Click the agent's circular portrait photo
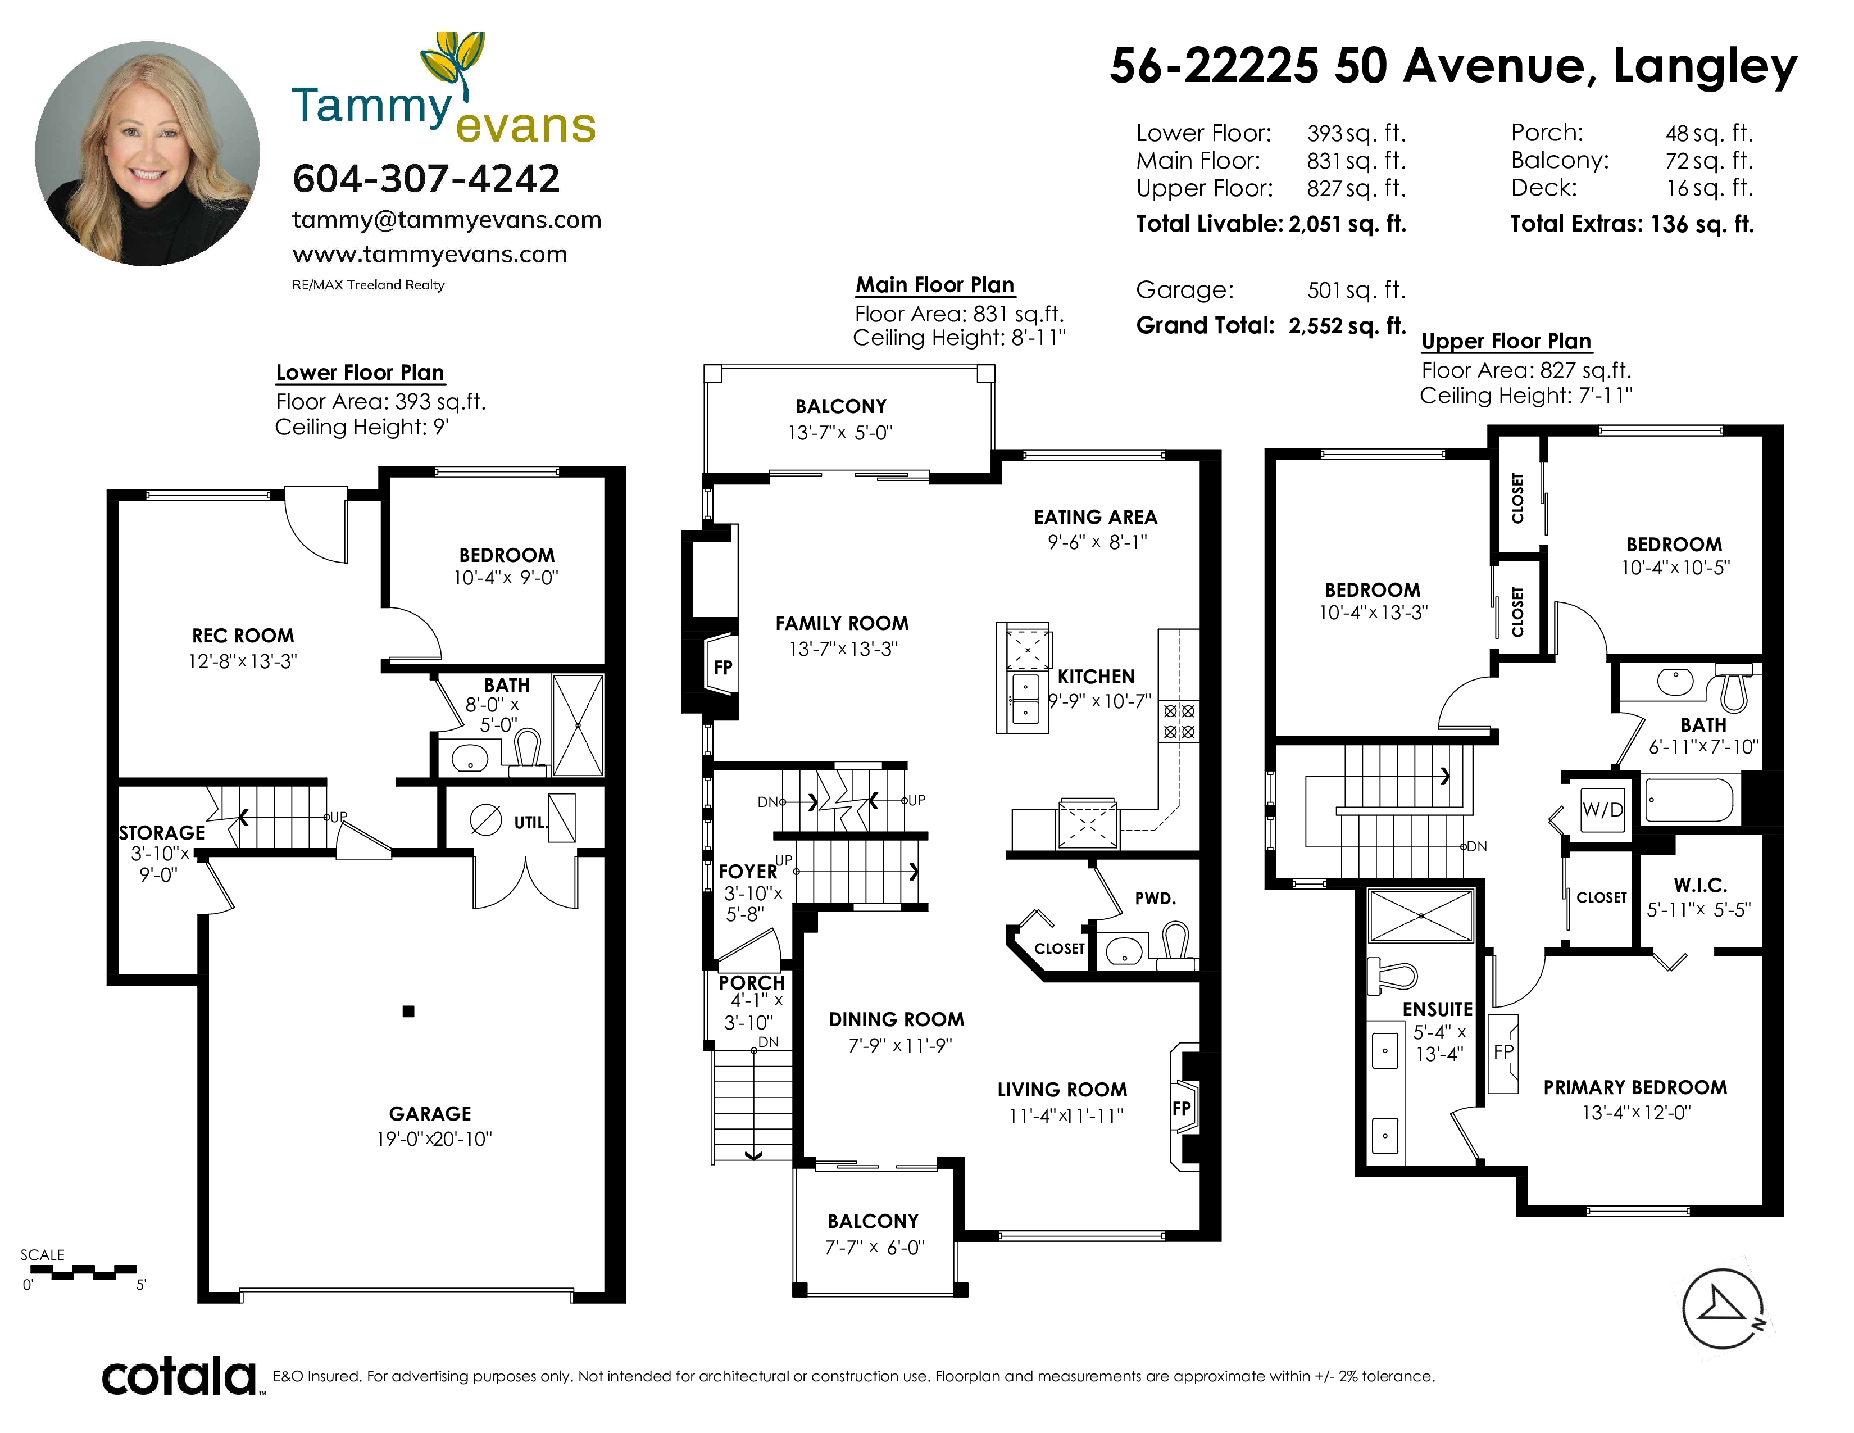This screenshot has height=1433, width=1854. [147, 153]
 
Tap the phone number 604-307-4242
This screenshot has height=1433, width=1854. [426, 178]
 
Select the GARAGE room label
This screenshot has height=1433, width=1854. [430, 1113]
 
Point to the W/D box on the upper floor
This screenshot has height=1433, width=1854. [1602, 809]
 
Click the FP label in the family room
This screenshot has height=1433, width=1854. [722, 667]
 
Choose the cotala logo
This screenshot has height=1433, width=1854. [179, 1376]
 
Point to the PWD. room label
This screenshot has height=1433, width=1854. [1155, 898]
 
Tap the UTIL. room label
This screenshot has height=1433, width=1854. [530, 822]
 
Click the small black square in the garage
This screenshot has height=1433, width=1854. [408, 1011]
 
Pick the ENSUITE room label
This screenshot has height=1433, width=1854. [1437, 1009]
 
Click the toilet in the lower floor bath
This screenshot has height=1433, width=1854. [527, 751]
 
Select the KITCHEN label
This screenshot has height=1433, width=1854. [1096, 677]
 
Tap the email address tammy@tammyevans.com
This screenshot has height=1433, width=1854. [447, 220]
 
